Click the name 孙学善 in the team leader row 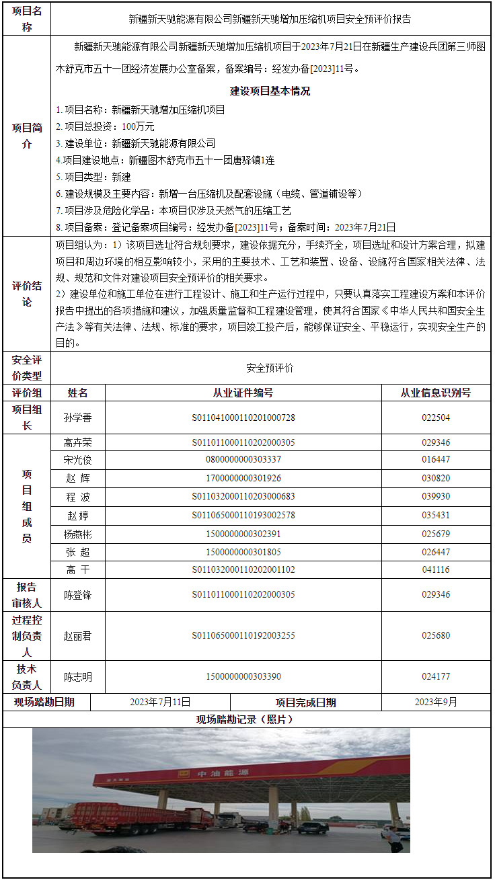(77, 417)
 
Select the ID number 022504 (436, 417)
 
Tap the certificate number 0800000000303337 (243, 460)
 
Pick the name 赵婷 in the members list (77, 516)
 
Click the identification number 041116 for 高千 (436, 569)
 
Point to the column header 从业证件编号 (243, 393)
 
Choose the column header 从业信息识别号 (436, 393)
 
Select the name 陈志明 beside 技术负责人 (77, 677)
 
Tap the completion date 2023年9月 (436, 703)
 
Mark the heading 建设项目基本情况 (270, 91)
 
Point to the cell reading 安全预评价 (270, 368)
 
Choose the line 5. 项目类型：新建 (93, 177)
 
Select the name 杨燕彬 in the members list (77, 534)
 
